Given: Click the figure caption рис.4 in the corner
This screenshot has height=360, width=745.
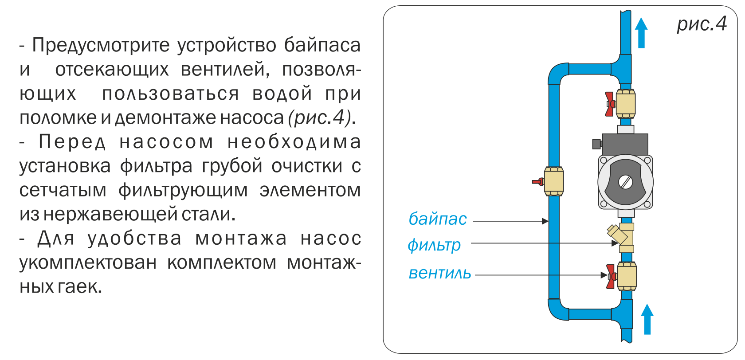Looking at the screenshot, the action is (x=702, y=24).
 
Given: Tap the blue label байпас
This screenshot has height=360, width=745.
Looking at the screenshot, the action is (x=437, y=219).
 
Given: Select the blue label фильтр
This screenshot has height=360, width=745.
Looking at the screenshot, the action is (x=434, y=245).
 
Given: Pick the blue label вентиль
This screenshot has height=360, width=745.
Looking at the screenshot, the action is (x=439, y=273).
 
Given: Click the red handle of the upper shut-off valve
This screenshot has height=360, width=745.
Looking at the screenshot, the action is (x=610, y=104).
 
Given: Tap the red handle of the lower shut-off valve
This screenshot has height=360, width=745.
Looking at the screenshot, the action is (x=611, y=276).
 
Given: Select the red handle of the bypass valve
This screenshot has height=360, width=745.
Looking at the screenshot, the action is (x=538, y=181).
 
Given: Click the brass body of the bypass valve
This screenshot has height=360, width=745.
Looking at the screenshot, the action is (x=554, y=181).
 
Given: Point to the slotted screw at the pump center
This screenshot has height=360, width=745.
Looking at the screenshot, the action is (x=625, y=182).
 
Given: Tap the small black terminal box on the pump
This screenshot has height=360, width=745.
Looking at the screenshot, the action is (x=596, y=144).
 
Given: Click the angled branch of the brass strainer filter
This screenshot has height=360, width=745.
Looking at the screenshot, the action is (x=615, y=234).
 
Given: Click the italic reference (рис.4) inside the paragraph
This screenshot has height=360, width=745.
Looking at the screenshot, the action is (x=319, y=117).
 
